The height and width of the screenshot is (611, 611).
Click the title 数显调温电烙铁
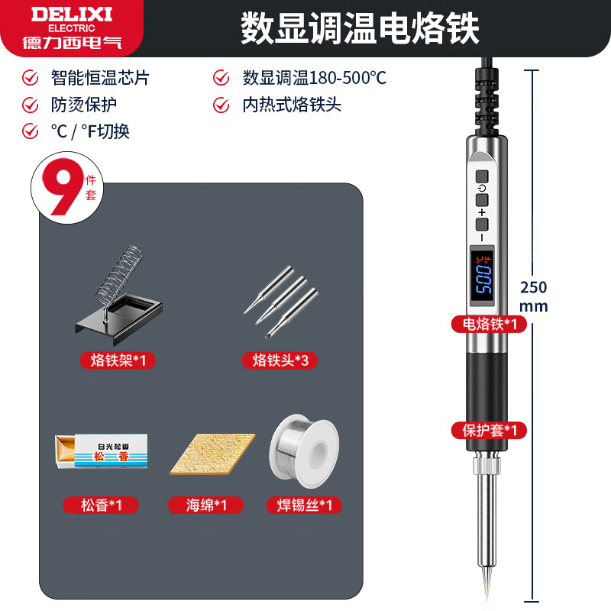360,28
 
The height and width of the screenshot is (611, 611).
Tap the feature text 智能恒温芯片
99,78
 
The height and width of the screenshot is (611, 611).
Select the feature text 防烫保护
84,105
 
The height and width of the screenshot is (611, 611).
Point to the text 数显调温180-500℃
314,78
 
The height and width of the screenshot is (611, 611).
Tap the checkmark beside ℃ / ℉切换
31,131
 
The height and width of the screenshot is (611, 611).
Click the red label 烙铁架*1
118,360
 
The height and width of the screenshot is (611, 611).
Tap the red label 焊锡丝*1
303,505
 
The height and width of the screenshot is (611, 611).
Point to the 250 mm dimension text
533,296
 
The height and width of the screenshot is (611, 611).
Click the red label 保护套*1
489,430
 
